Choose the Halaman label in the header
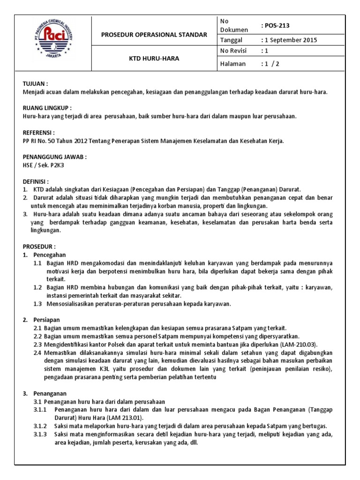point(232,64)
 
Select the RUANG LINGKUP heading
point(46,107)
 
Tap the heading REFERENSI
point(39,133)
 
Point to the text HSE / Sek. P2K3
point(45,165)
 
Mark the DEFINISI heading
point(36,181)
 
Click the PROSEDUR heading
point(39,247)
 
